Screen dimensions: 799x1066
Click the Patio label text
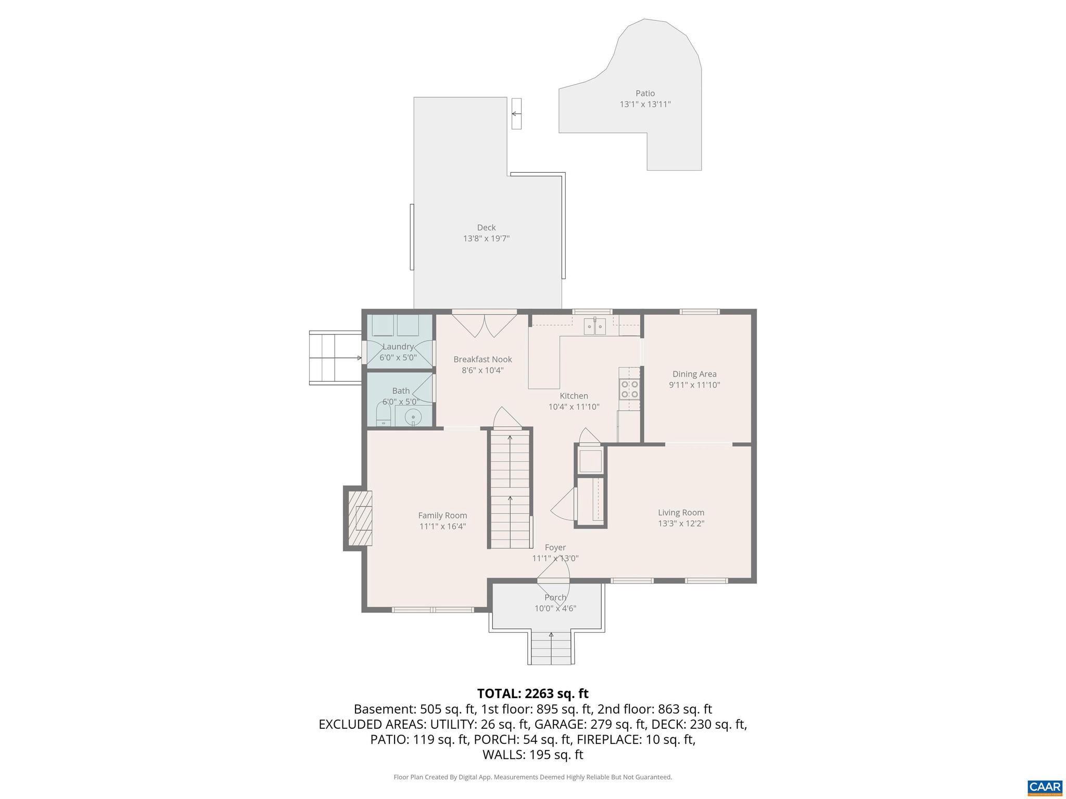click(645, 94)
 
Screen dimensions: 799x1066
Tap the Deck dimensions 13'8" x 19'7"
click(486, 239)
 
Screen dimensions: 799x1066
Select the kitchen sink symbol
click(594, 327)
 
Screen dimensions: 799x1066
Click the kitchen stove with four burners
click(629, 389)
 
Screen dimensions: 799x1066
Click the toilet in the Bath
click(384, 416)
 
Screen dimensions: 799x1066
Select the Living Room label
click(681, 512)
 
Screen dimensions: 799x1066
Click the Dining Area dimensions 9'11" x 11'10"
click(694, 385)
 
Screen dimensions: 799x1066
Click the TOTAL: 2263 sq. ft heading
click(532, 693)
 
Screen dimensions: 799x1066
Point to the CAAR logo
click(1045, 787)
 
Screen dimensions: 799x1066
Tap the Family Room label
click(442, 516)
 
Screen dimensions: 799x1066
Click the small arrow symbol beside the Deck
click(516, 113)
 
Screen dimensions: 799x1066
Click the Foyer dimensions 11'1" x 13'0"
click(555, 559)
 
